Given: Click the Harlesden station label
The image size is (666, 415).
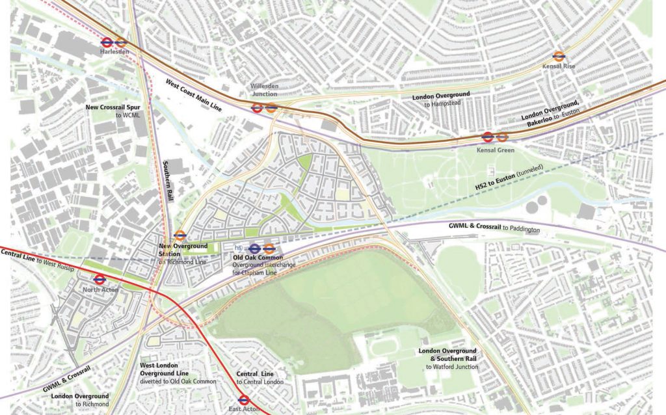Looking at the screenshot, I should (x=114, y=51).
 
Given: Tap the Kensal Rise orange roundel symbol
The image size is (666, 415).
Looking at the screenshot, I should (x=559, y=57).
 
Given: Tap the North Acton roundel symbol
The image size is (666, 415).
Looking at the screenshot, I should (x=100, y=279).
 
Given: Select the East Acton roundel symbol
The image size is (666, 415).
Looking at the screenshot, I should (x=245, y=399).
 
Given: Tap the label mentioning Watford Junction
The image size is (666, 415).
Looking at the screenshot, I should (x=449, y=358).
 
